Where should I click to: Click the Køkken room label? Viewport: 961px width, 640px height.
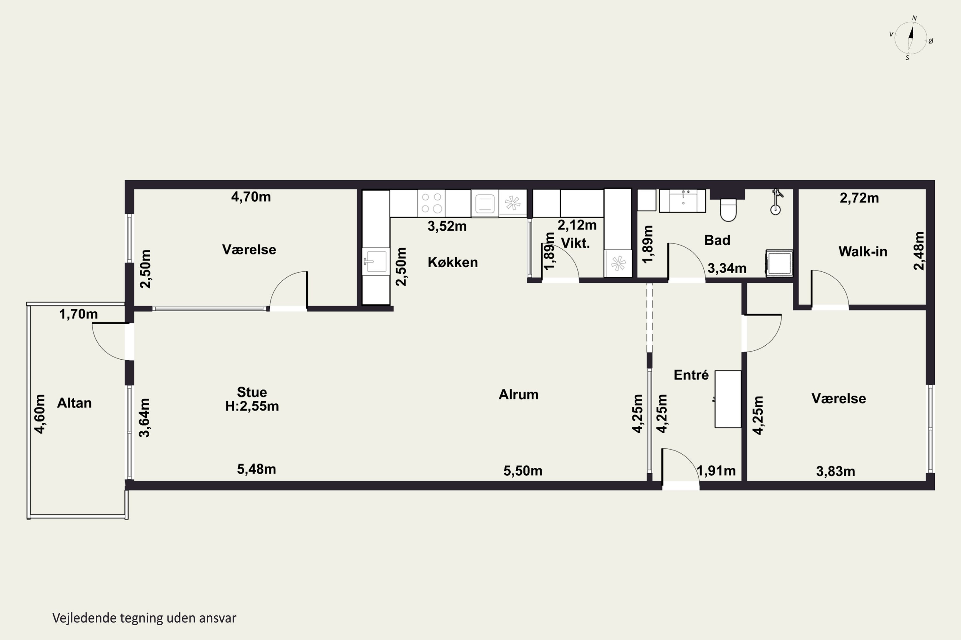pyautogui.click(x=453, y=262)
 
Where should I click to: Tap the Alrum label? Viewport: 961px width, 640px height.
pyautogui.click(x=519, y=394)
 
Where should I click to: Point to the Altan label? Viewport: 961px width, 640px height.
pyautogui.click(x=74, y=403)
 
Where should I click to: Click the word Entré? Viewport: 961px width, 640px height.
pyautogui.click(x=691, y=375)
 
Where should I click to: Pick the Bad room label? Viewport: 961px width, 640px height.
pyautogui.click(x=717, y=240)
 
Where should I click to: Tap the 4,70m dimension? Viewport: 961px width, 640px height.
pyautogui.click(x=251, y=197)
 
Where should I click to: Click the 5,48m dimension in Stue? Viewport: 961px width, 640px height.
pyautogui.click(x=257, y=469)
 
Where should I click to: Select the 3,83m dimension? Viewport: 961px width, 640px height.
pyautogui.click(x=835, y=471)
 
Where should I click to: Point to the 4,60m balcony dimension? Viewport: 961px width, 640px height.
pyautogui.click(x=40, y=414)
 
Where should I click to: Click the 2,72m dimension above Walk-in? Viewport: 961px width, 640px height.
pyautogui.click(x=859, y=198)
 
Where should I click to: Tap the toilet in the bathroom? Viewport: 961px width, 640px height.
pyautogui.click(x=728, y=209)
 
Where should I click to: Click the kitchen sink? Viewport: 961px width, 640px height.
pyautogui.click(x=375, y=261)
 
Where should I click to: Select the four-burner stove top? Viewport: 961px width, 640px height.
pyautogui.click(x=431, y=203)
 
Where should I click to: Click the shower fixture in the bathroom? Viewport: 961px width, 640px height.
pyautogui.click(x=776, y=202)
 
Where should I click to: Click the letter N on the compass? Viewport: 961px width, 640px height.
pyautogui.click(x=915, y=18)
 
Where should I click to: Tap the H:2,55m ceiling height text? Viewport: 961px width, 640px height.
pyautogui.click(x=252, y=406)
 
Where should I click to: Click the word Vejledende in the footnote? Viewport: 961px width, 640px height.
pyautogui.click(x=85, y=618)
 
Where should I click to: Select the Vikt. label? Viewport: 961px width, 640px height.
pyautogui.click(x=575, y=243)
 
